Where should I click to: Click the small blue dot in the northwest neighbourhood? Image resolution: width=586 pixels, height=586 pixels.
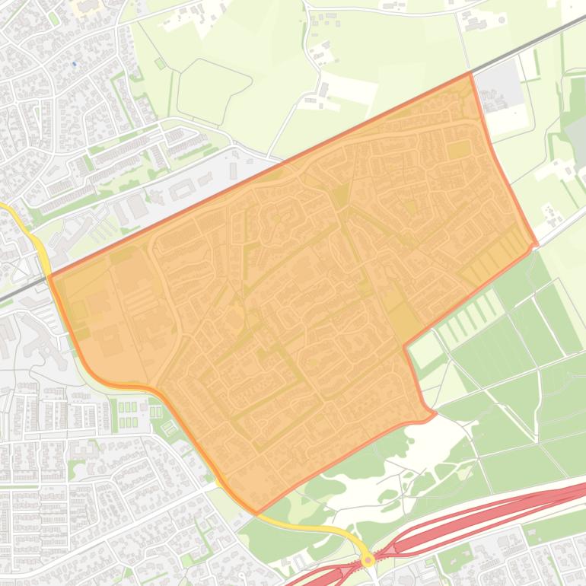[x=74, y=64]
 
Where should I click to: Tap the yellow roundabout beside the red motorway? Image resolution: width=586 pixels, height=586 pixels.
[x=368, y=560]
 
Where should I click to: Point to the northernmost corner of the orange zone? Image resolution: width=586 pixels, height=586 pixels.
[x=470, y=74]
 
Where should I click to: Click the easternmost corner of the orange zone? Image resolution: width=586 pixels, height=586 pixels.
[x=537, y=245]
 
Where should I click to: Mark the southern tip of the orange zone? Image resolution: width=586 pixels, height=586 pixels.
[x=256, y=512]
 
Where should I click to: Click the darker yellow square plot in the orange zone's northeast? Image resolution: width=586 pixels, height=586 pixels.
[x=458, y=150]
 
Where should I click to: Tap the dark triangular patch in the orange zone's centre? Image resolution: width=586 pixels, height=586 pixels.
[x=340, y=196]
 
